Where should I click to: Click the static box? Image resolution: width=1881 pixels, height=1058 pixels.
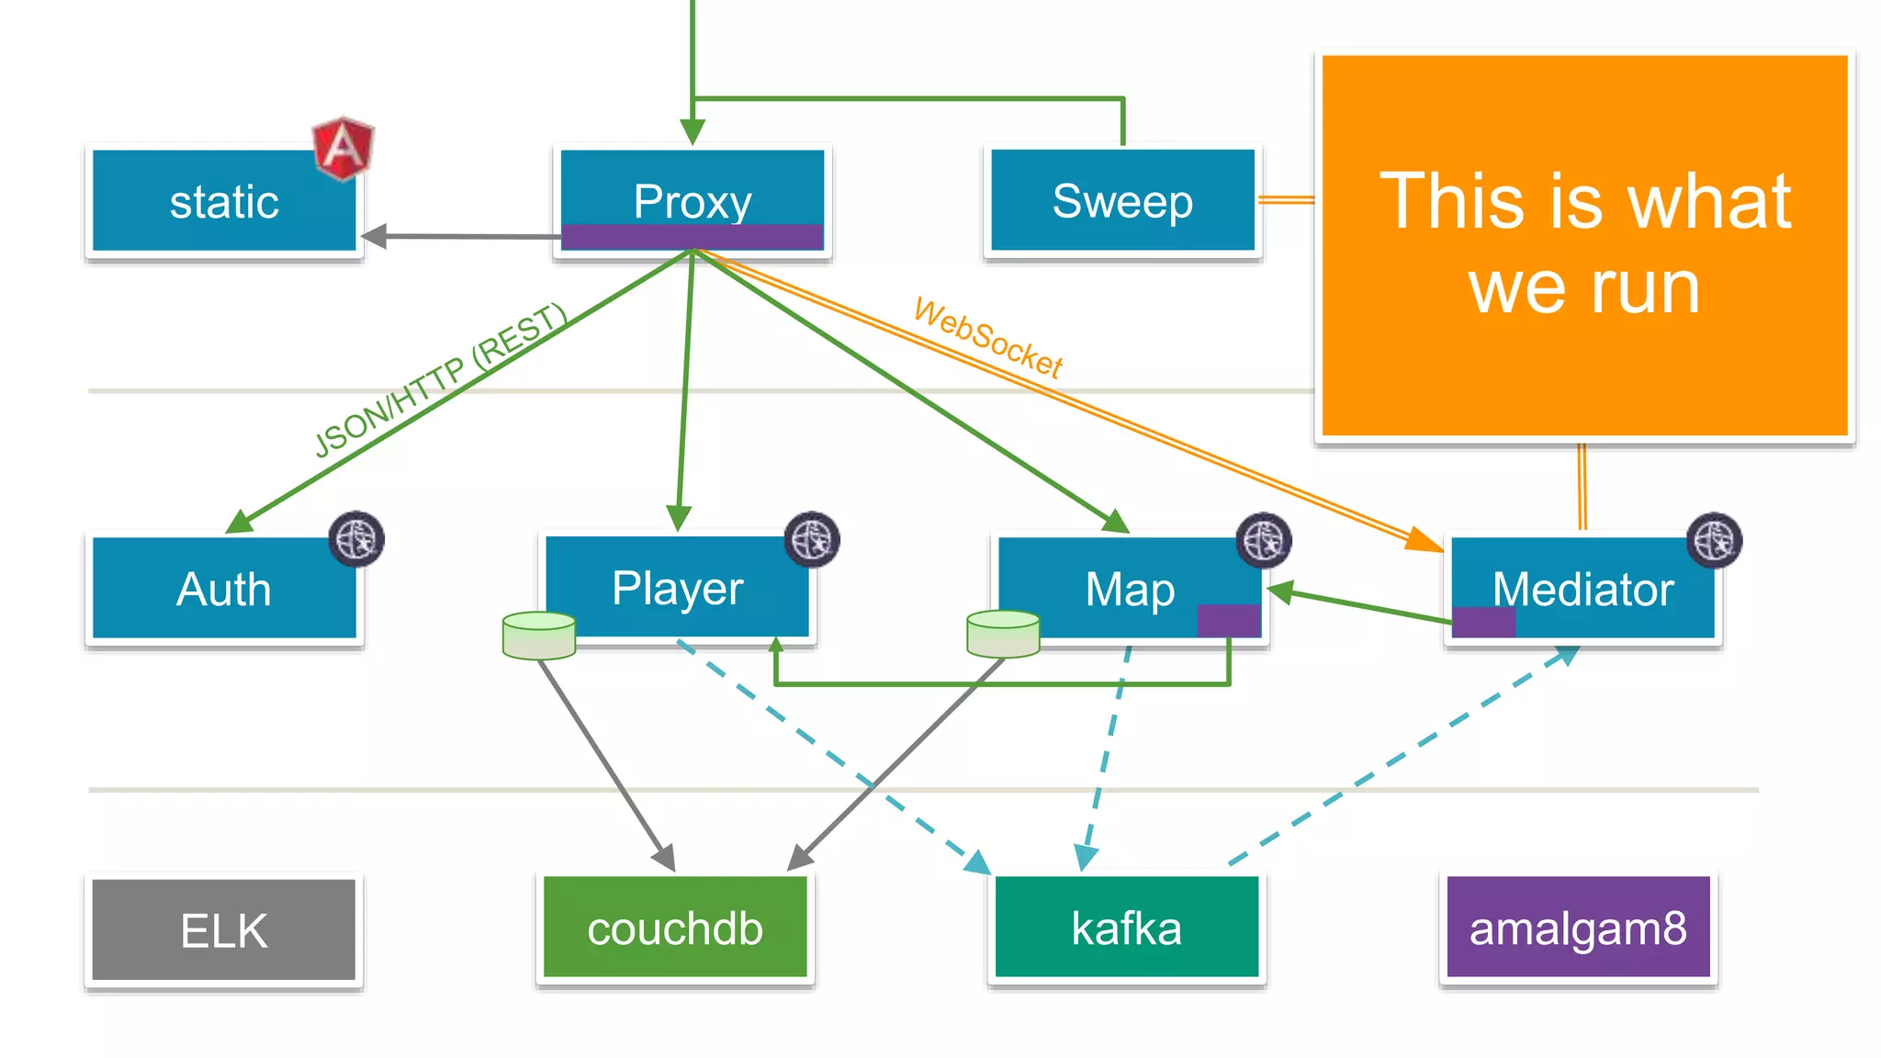coord(224,201)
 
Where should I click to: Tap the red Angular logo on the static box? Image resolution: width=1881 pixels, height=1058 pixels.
coord(343,147)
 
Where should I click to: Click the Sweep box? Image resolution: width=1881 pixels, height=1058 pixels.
coord(1122,200)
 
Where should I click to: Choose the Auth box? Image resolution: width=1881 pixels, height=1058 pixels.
coord(224,589)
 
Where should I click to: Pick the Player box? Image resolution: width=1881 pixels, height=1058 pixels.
coord(678,588)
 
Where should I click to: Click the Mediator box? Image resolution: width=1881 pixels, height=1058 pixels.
coord(1583,589)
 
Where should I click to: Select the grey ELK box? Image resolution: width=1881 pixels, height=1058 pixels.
coord(224,930)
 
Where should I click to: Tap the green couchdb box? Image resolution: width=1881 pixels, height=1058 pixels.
coord(675,929)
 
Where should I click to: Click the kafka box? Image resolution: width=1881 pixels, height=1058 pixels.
coord(1126,928)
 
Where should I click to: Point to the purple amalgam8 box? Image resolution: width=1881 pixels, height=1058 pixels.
coord(1578,928)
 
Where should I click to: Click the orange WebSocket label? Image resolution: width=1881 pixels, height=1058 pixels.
coord(988,338)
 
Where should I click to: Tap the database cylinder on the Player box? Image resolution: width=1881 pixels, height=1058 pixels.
coord(539,636)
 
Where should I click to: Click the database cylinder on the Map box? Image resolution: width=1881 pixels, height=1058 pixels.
coord(1003,634)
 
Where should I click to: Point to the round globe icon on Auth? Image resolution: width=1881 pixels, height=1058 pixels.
coord(356,539)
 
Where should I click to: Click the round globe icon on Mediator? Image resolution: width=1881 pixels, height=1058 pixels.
coord(1714,540)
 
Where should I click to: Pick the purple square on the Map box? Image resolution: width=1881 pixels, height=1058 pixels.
coord(1228,621)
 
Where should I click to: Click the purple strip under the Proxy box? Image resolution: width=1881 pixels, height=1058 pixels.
coord(693,237)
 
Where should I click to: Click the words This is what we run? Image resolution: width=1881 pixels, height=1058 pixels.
coord(1584,243)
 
